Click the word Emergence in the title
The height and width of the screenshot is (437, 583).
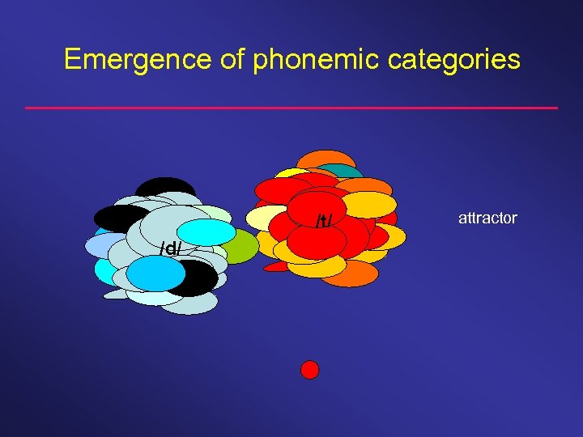pos(130,59)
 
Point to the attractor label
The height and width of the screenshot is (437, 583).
pos(487,218)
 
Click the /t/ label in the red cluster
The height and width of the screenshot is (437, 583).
pos(324,220)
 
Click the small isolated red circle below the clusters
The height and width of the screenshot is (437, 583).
pos(310,370)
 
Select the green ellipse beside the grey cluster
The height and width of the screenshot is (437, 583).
pos(237,246)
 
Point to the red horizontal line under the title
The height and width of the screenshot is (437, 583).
pos(291,108)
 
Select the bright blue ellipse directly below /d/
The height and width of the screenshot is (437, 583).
pos(155,274)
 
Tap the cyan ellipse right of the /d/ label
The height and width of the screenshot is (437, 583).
pos(212,232)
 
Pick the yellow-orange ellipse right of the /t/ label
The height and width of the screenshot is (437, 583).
pos(368,205)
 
